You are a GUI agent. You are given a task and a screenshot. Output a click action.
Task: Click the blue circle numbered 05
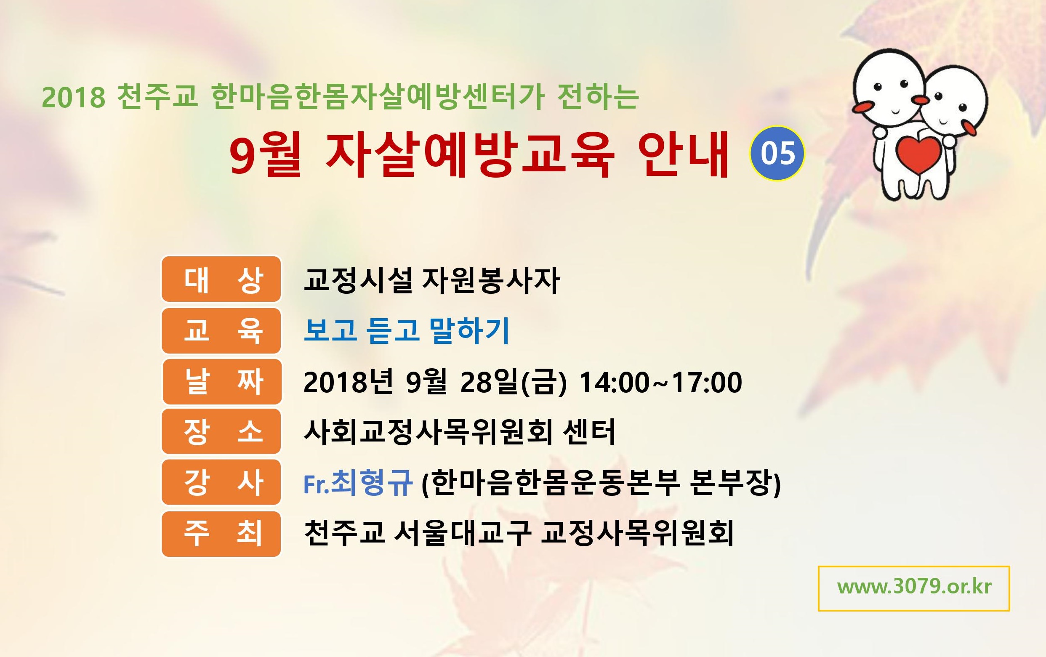click(777, 153)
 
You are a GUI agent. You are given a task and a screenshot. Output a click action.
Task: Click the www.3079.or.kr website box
click(914, 588)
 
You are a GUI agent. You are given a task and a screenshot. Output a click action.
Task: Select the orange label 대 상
click(221, 279)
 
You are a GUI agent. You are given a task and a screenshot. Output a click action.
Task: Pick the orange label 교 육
click(221, 330)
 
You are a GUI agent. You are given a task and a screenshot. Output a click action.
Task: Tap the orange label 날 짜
click(221, 381)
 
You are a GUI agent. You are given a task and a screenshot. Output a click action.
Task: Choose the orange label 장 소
click(221, 431)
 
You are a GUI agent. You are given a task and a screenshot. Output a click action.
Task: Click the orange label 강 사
click(221, 482)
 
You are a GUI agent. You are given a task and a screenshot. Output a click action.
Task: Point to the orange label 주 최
click(221, 534)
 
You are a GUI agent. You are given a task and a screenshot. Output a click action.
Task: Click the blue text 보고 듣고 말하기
click(407, 330)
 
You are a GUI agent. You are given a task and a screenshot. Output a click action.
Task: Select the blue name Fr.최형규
click(358, 482)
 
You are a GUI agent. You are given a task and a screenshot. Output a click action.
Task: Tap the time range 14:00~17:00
click(661, 382)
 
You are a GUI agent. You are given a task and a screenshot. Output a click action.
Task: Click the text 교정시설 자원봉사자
click(432, 280)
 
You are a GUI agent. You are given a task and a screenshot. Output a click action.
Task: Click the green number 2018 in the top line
click(73, 97)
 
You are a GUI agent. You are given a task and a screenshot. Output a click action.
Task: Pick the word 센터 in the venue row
click(589, 432)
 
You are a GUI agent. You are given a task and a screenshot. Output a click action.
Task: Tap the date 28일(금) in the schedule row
click(514, 382)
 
